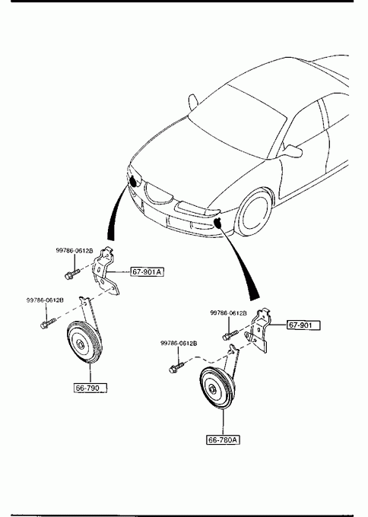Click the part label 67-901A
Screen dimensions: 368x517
coord(147,271)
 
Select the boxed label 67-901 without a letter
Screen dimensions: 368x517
coord(303,325)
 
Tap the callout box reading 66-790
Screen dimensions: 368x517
coord(90,388)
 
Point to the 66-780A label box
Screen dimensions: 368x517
coord(223,440)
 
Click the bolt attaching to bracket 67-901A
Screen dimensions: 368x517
coord(72,274)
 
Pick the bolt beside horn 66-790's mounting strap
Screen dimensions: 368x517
coord(48,323)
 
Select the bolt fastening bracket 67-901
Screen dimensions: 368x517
coord(230,335)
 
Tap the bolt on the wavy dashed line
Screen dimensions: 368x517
coord(176,368)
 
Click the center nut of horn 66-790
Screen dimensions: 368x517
coord(81,344)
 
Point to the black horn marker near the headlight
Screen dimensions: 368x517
coord(135,181)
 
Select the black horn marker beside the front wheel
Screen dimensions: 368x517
coord(218,223)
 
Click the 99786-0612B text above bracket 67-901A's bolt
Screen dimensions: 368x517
coord(75,251)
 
